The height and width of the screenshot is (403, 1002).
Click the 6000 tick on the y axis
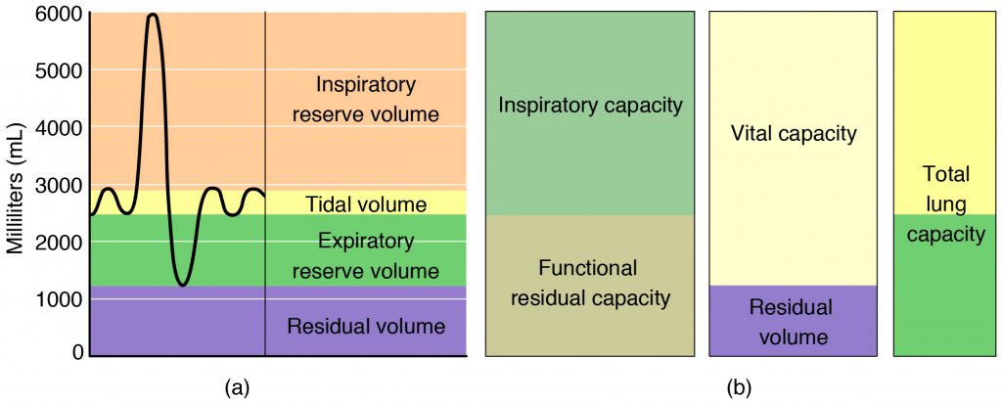(61, 14)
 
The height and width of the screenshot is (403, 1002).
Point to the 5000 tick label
(61, 70)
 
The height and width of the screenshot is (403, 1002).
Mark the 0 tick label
(76, 351)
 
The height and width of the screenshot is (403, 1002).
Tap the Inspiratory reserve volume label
(366, 99)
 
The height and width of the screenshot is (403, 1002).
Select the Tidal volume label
(366, 204)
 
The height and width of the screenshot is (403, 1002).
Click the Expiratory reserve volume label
(366, 255)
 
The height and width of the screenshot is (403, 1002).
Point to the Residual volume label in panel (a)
(366, 326)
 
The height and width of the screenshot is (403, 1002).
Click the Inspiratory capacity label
(589, 106)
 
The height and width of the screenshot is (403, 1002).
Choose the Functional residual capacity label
(589, 283)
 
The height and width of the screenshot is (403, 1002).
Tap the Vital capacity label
(793, 134)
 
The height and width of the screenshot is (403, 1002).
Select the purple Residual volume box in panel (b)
(792, 322)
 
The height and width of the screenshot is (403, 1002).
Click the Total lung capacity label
(945, 204)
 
